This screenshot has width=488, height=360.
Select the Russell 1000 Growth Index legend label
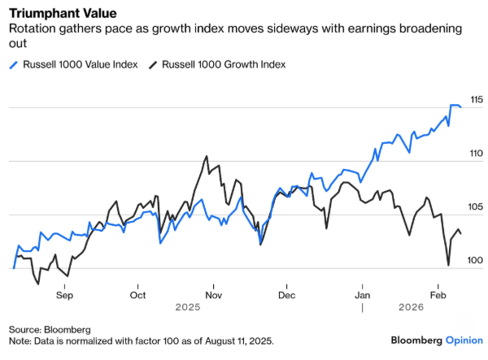tap(225, 64)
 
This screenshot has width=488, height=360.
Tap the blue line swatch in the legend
tap(13, 64)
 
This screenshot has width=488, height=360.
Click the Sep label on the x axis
tap(65, 296)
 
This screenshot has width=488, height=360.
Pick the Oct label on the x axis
tap(138, 296)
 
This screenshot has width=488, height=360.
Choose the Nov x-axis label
tap(212, 296)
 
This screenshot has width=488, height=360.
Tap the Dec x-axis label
tap(285, 296)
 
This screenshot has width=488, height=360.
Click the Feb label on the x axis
tap(438, 296)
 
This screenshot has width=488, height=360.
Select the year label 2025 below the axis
tap(188, 308)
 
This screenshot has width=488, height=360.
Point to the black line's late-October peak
tap(207, 156)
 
